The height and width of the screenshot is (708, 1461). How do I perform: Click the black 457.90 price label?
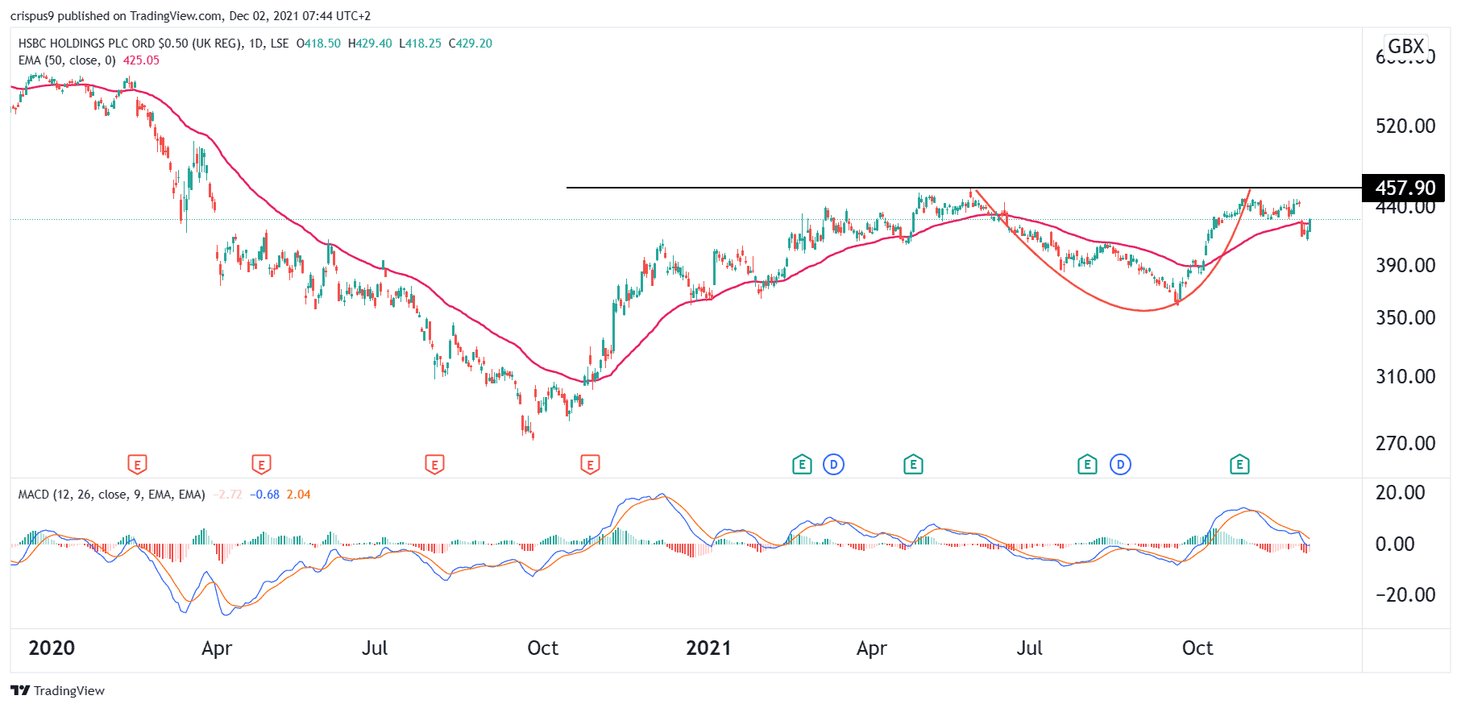[1404, 188]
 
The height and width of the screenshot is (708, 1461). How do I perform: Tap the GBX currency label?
[1405, 46]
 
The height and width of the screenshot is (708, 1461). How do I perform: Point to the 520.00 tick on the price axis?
[1405, 126]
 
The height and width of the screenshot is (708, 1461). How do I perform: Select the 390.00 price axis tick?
[1405, 265]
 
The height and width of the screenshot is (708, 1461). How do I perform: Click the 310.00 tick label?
[1405, 376]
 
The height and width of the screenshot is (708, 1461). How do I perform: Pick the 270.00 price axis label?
[1405, 443]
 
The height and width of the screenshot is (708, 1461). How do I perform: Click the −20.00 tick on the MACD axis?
[1405, 594]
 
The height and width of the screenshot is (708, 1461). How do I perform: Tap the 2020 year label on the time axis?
[52, 648]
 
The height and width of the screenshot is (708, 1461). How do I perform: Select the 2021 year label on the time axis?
[708, 648]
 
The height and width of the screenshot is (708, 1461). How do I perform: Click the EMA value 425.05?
[141, 60]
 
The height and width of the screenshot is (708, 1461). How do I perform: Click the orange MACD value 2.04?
[298, 495]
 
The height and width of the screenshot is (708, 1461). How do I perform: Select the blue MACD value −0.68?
[264, 495]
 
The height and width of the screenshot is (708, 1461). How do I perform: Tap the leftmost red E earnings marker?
[137, 464]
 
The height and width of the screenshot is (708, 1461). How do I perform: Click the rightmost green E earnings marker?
[1239, 464]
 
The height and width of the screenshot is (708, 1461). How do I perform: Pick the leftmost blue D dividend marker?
[833, 464]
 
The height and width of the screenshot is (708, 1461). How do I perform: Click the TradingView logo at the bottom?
[58, 690]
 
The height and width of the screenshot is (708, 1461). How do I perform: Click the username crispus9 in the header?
[31, 16]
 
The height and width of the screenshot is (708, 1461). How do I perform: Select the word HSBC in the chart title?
[32, 43]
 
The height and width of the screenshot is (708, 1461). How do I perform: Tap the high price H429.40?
[370, 43]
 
